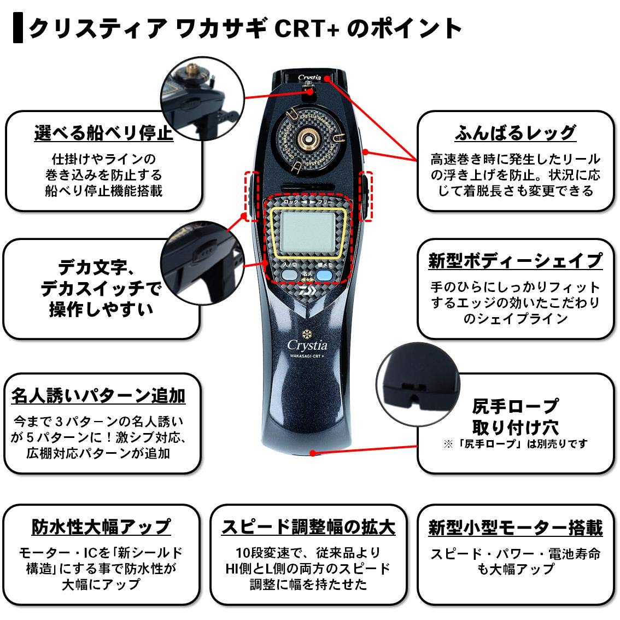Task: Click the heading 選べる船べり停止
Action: click(x=103, y=133)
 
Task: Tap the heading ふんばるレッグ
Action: click(x=515, y=133)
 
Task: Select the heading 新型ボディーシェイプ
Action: click(x=515, y=261)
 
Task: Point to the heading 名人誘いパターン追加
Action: click(x=98, y=395)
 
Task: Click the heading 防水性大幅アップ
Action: click(x=101, y=527)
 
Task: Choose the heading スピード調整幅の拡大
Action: click(x=308, y=527)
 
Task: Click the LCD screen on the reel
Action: click(x=308, y=233)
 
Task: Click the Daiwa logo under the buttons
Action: click(x=309, y=290)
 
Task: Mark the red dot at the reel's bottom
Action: click(x=313, y=452)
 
